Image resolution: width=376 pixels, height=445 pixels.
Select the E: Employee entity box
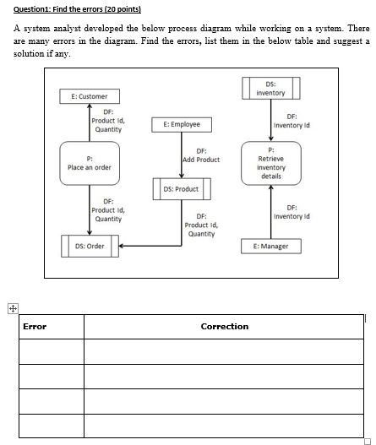(x=176, y=124)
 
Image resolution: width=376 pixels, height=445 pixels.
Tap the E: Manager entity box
(x=270, y=246)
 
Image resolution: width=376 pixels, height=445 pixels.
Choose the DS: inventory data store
(x=270, y=89)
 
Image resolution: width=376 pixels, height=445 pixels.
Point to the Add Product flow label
(x=201, y=155)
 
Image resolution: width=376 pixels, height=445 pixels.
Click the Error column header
(x=35, y=326)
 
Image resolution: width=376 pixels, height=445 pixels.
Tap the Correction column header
(x=225, y=326)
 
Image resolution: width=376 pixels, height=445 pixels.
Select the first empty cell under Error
(x=52, y=350)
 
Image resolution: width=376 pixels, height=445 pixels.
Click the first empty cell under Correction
(x=225, y=350)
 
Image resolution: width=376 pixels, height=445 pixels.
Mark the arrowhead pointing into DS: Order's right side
(x=119, y=246)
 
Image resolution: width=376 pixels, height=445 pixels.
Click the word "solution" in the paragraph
(x=31, y=54)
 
